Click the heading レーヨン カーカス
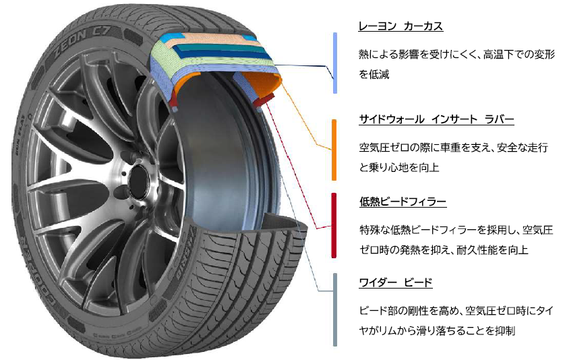coord(400,26)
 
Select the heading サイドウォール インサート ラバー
coord(436,119)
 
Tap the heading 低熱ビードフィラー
coord(403,202)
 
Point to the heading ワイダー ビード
coord(395,282)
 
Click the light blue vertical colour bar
coord(335,63)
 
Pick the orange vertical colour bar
coord(335,150)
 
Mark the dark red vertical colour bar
coord(335,226)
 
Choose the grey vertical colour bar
coord(335,309)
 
